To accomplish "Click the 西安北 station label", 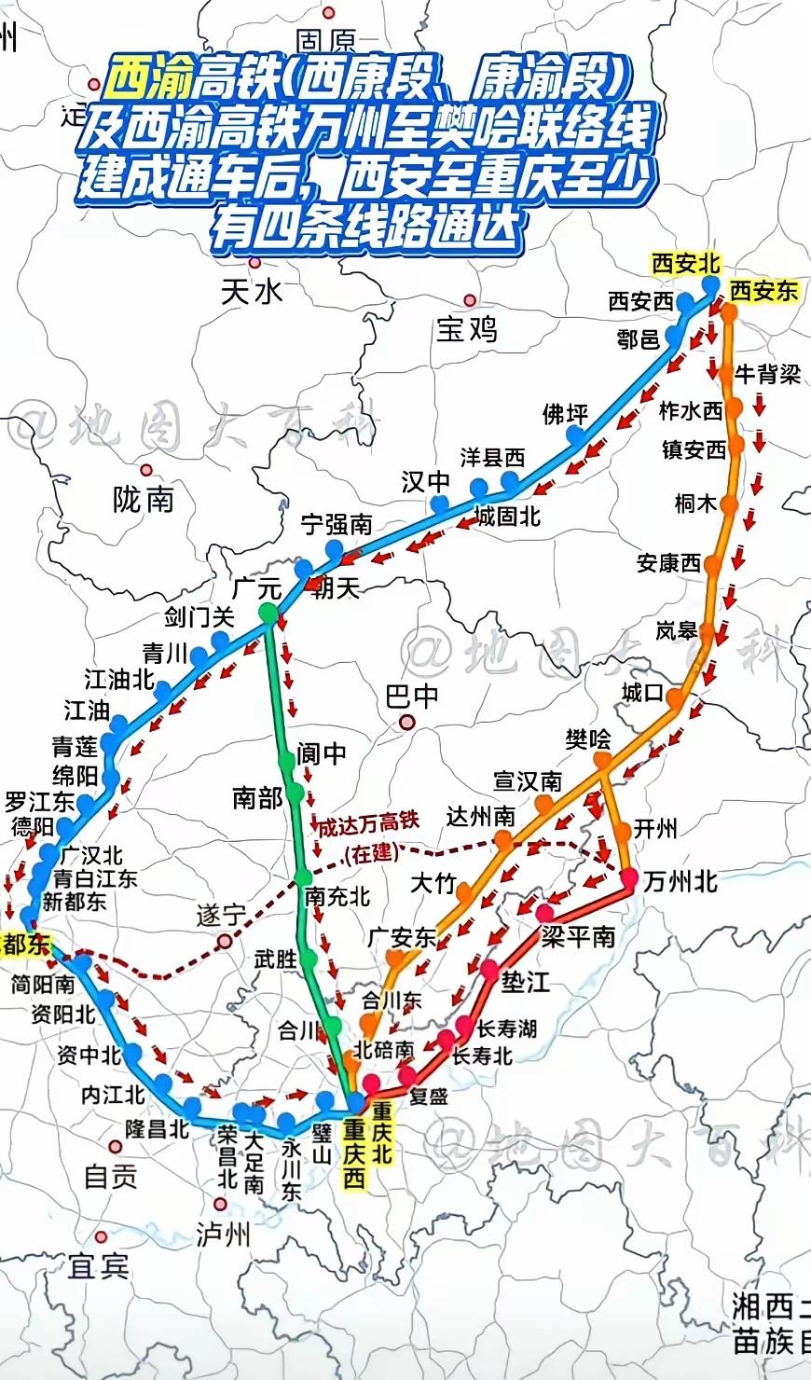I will coord(686,264).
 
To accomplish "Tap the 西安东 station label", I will coord(763,291).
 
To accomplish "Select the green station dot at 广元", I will coord(268,613).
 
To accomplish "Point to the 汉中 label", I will coord(425,481).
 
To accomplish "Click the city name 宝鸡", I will coord(467,329).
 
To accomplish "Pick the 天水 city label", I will coord(252,292).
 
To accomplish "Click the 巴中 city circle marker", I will coord(406,722).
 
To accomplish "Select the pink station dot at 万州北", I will coord(629,876).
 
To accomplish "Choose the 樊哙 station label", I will coord(588,739).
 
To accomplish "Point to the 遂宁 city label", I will coord(221,915).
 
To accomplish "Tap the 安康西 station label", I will coord(668,563).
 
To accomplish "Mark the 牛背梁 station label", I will coord(767,374).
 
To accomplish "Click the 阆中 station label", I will coord(322,753).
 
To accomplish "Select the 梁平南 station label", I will coord(578,936).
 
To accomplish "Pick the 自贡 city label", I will coord(110,1177).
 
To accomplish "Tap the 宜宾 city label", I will coord(98,1266).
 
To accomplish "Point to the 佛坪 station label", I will coord(565,413).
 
